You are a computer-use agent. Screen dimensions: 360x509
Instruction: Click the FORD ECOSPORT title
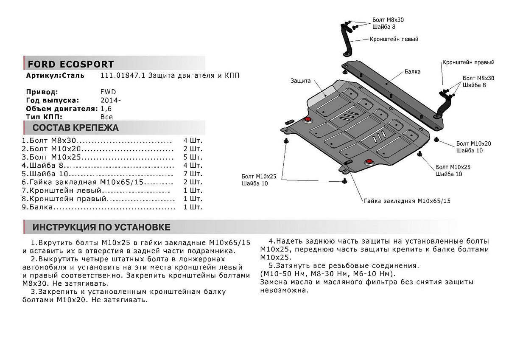pos(70,64)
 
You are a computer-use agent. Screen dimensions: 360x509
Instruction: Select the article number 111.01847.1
pos(123,76)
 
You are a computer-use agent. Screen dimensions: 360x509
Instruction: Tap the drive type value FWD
pos(108,92)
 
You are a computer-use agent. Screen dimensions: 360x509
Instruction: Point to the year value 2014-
pos(111,100)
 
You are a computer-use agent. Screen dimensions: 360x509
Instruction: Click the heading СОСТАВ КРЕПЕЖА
pos(76,128)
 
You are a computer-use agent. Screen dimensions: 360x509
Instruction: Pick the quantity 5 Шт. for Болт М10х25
pos(193,157)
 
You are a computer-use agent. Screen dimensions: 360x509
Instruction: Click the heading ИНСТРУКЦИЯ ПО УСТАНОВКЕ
pos(101,227)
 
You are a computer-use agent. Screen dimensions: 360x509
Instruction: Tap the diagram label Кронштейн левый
pos(394,39)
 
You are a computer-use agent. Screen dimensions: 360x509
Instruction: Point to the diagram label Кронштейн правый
pos(468,62)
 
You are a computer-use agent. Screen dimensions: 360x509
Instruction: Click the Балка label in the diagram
pos(412,72)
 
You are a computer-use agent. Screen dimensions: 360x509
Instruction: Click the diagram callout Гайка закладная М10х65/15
pos(406,201)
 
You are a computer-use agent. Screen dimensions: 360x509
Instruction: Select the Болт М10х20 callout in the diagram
pos(474,143)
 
